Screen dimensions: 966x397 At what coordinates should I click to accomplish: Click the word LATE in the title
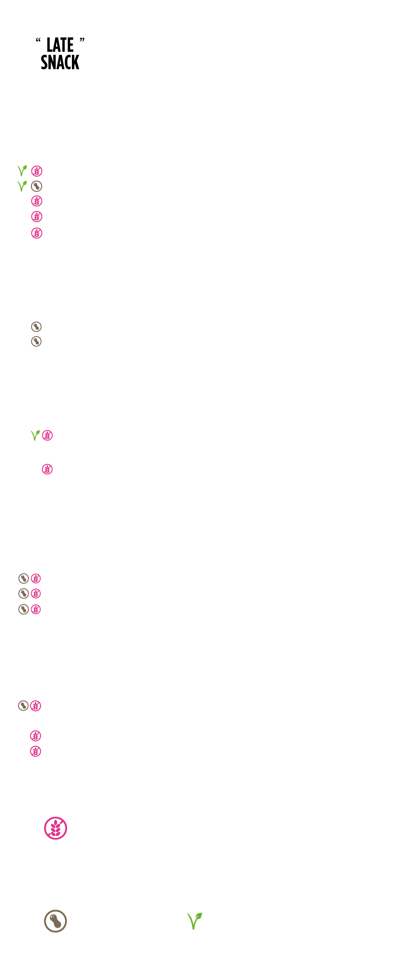(60, 45)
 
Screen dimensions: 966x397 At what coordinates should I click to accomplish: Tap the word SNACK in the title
(60, 62)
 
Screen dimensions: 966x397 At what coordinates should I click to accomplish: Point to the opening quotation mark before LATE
(38, 40)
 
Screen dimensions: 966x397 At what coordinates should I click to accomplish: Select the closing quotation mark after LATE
(82, 40)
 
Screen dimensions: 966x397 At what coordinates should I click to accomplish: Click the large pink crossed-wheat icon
(56, 828)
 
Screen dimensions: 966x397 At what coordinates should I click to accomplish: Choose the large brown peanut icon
(56, 921)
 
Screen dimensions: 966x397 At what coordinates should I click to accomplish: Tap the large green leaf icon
(194, 921)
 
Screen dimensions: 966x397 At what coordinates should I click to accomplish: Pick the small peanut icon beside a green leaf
(36, 186)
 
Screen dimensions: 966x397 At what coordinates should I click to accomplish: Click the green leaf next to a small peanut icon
(22, 186)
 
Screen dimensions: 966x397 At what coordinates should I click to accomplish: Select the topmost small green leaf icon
(22, 171)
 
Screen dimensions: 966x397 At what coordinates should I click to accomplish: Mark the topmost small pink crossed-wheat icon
(37, 171)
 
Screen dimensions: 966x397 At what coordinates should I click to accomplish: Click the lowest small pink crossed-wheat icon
(36, 751)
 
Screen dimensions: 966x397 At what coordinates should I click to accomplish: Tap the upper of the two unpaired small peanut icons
(36, 326)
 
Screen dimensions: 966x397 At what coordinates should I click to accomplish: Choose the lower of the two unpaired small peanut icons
(36, 341)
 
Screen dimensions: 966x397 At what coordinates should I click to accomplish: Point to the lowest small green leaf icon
(35, 435)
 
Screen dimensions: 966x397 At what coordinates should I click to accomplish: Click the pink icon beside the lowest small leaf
(47, 436)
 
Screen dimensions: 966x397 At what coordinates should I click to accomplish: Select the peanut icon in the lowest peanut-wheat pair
(23, 706)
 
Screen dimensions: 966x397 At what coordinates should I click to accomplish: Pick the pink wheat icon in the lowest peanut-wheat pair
(36, 706)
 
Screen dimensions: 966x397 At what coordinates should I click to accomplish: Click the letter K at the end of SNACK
(75, 62)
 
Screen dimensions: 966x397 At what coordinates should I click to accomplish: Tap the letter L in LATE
(50, 45)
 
